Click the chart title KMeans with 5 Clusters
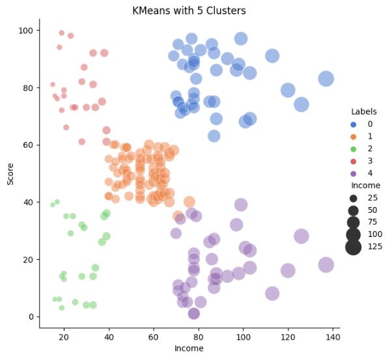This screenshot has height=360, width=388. (189, 11)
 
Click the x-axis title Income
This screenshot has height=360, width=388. (189, 349)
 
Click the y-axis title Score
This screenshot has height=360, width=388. (10, 173)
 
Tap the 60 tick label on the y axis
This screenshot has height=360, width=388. (29, 145)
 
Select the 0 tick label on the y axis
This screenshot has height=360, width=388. (32, 316)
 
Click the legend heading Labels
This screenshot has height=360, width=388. (364, 111)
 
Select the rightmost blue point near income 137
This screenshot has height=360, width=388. (326, 79)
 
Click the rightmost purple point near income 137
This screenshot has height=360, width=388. (326, 264)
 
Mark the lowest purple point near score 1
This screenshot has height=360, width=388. (193, 313)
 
